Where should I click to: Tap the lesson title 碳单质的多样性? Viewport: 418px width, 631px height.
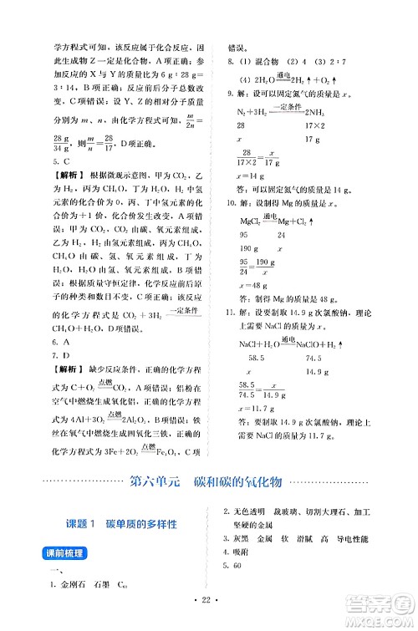[x=138, y=524]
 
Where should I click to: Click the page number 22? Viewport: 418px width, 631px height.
[x=210, y=609]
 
